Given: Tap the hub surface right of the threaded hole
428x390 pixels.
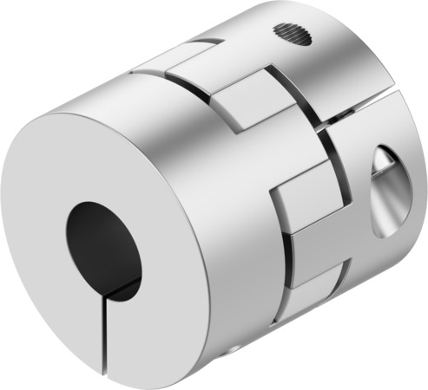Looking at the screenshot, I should point(347,43).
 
